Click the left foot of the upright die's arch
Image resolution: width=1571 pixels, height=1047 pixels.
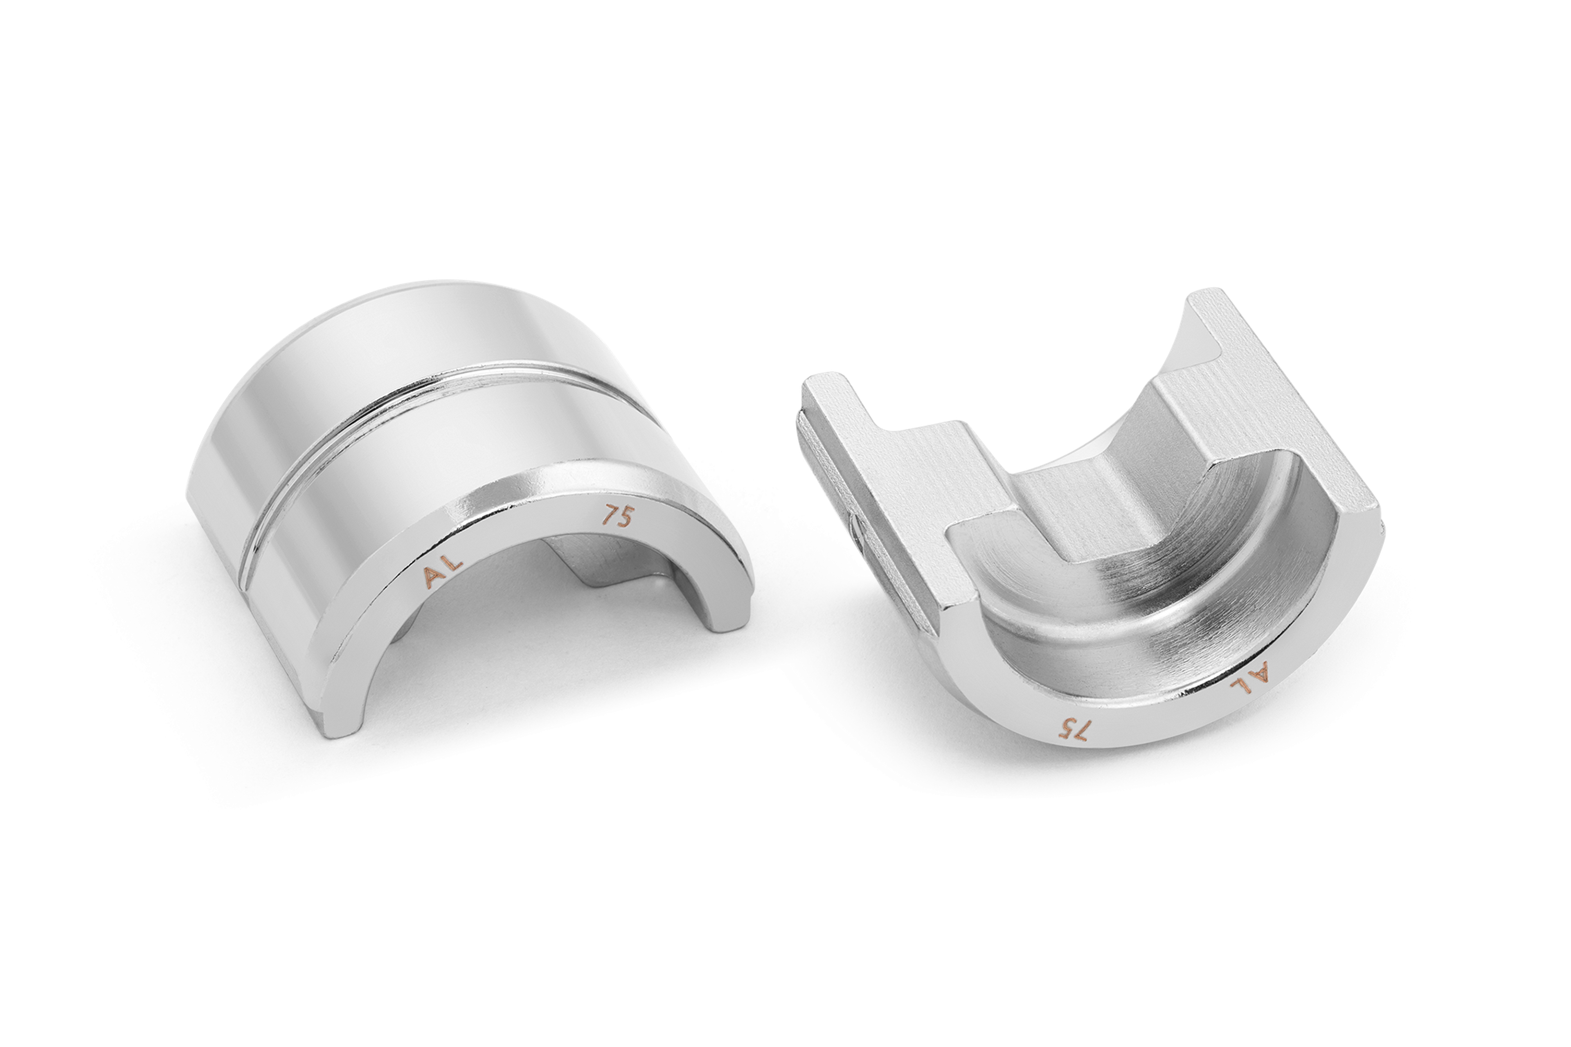pos(347,701)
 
